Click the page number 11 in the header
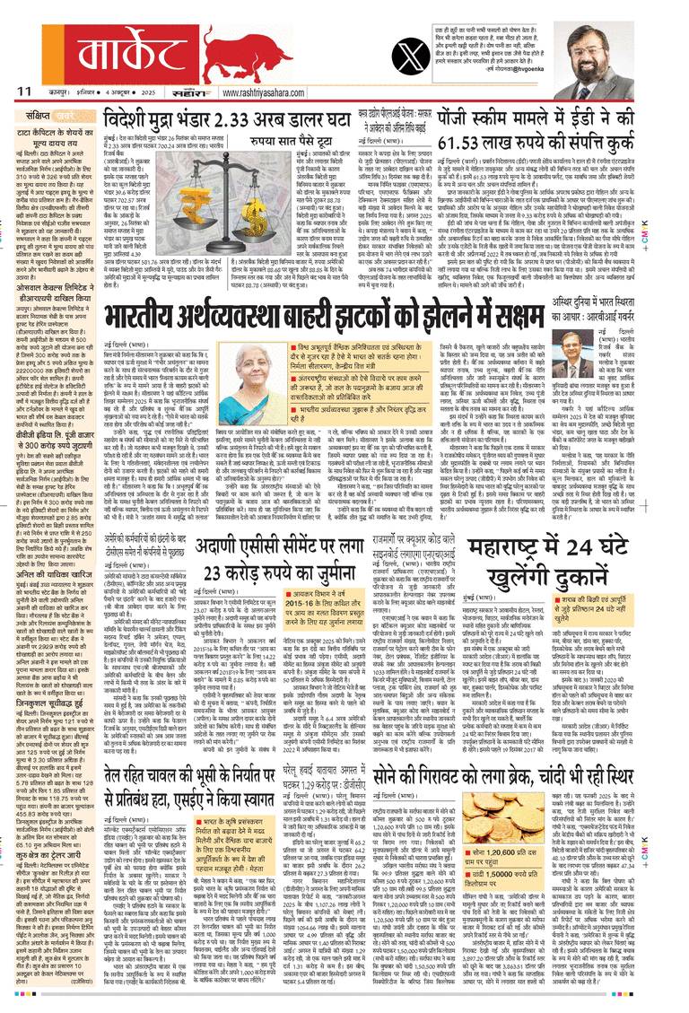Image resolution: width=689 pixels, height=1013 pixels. [x=23, y=89]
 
